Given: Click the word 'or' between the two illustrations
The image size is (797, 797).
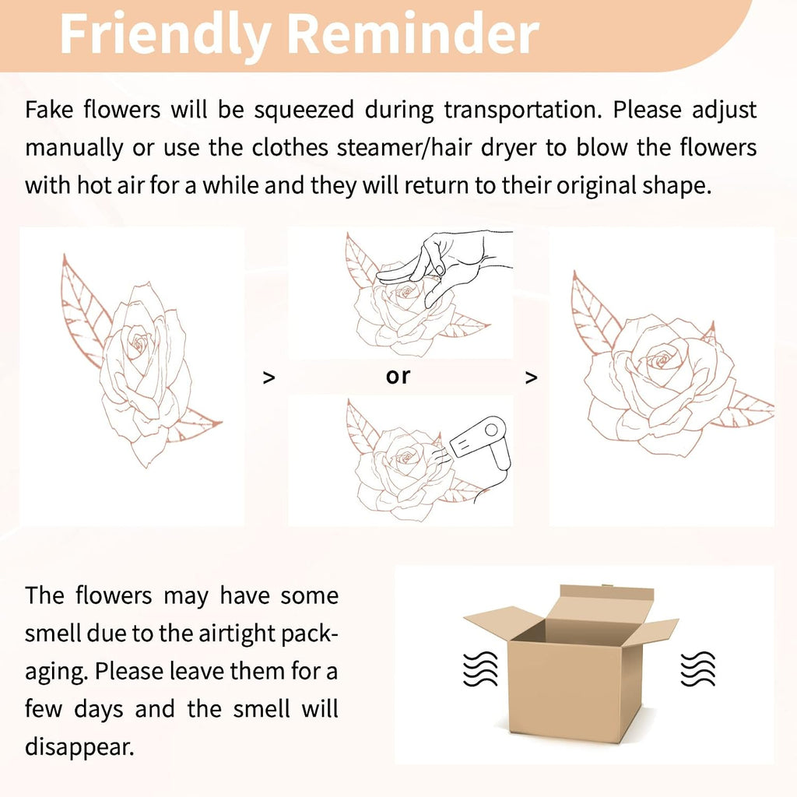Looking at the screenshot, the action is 398,376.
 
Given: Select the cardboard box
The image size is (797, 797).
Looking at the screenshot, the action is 571,662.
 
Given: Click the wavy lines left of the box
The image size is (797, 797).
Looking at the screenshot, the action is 480,668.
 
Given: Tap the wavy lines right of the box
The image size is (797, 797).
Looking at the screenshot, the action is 698,668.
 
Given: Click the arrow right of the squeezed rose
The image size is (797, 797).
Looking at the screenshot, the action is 269,377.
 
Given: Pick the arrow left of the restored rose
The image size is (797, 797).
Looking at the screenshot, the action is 531,377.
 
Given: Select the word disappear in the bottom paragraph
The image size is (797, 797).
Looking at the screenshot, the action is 79,747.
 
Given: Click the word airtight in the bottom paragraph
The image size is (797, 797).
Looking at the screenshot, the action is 231,634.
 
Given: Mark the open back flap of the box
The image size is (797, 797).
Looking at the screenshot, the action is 605,602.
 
